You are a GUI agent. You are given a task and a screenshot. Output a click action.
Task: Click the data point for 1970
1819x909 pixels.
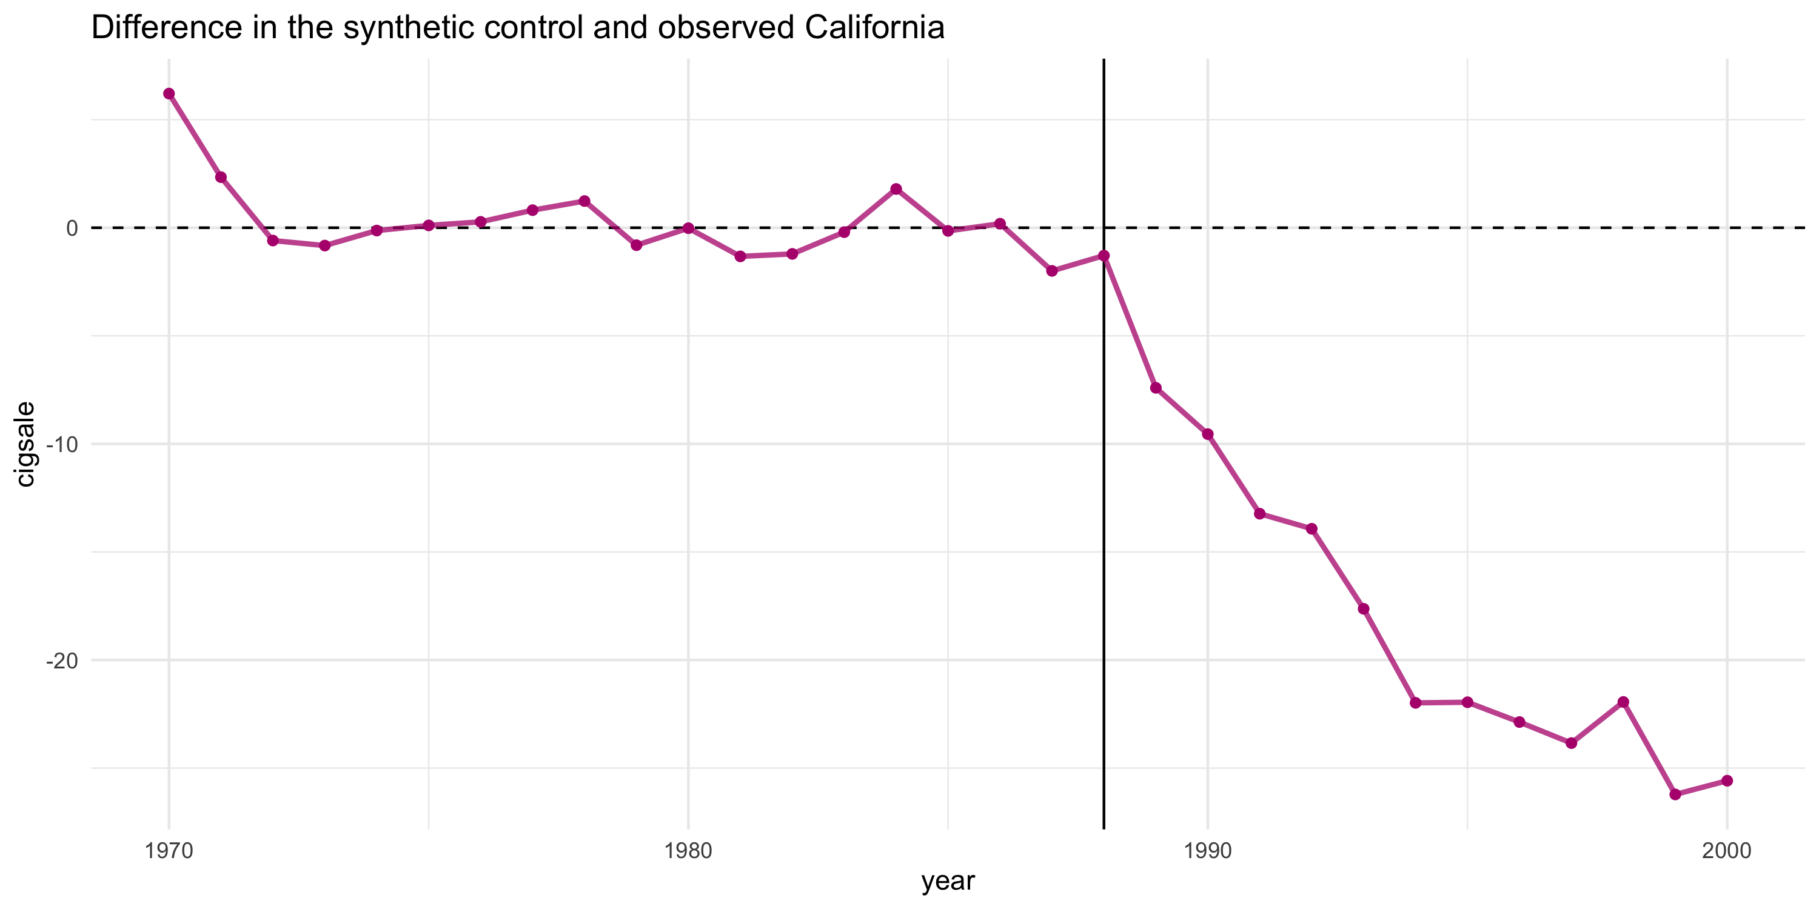pos(169,94)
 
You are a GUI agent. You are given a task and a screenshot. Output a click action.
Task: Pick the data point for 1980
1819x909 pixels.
pos(688,228)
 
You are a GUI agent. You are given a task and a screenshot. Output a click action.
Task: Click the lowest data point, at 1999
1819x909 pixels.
pos(1675,794)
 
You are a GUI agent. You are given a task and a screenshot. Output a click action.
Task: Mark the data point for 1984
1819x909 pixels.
pos(896,189)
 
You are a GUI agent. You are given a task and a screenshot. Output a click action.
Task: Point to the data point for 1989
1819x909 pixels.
pos(1156,388)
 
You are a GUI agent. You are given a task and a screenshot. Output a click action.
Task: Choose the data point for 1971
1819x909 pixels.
pos(221,177)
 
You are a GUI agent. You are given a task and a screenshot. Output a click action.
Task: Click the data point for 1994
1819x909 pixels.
pos(1416,703)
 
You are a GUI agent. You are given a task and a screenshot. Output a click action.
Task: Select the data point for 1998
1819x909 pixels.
pos(1623,702)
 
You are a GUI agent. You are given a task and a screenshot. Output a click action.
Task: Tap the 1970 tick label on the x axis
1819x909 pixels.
pos(169,851)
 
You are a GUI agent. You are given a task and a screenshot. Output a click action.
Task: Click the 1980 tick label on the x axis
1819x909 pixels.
pos(688,851)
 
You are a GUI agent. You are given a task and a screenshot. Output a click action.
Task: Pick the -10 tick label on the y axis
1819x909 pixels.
pos(62,445)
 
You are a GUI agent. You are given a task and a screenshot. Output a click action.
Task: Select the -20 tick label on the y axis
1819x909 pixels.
pos(62,661)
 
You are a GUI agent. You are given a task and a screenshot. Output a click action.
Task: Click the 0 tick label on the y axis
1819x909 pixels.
pos(72,228)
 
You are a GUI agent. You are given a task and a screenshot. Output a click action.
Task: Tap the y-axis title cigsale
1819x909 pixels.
pos(25,444)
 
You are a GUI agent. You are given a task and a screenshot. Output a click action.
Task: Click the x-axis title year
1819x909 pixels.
pos(948,882)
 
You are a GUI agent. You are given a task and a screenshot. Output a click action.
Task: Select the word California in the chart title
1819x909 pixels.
pos(874,28)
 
